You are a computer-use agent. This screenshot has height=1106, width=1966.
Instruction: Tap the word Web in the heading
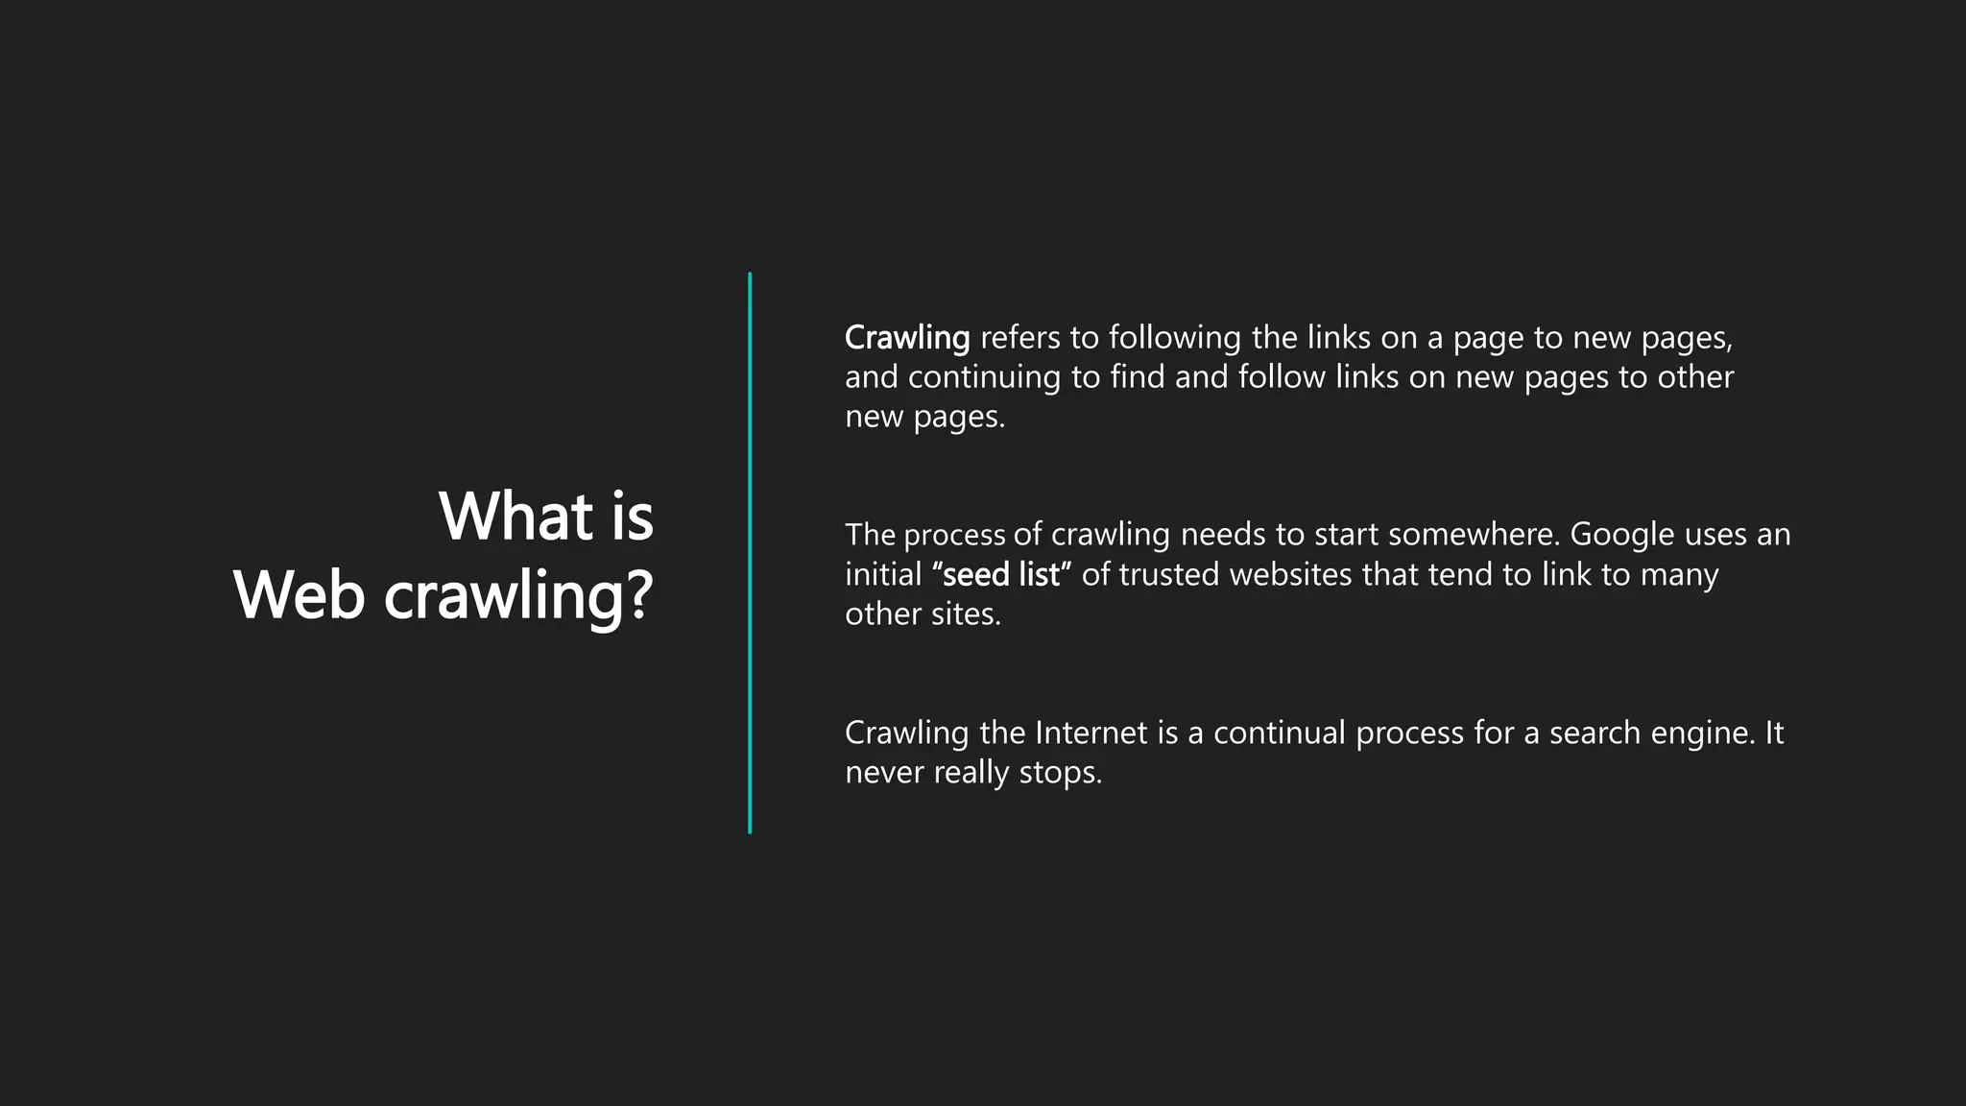[x=299, y=595]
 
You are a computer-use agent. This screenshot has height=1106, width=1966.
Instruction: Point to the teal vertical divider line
[x=750, y=553]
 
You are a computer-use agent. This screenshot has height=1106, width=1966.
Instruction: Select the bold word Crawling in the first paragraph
[x=907, y=338]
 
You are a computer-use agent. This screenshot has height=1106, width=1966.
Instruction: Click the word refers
[x=1020, y=338]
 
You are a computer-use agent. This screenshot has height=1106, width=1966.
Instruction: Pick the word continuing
[x=984, y=377]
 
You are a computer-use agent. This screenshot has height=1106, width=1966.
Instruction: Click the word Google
[x=1621, y=535]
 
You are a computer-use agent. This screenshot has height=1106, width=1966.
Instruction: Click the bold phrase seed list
[x=1001, y=575]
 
